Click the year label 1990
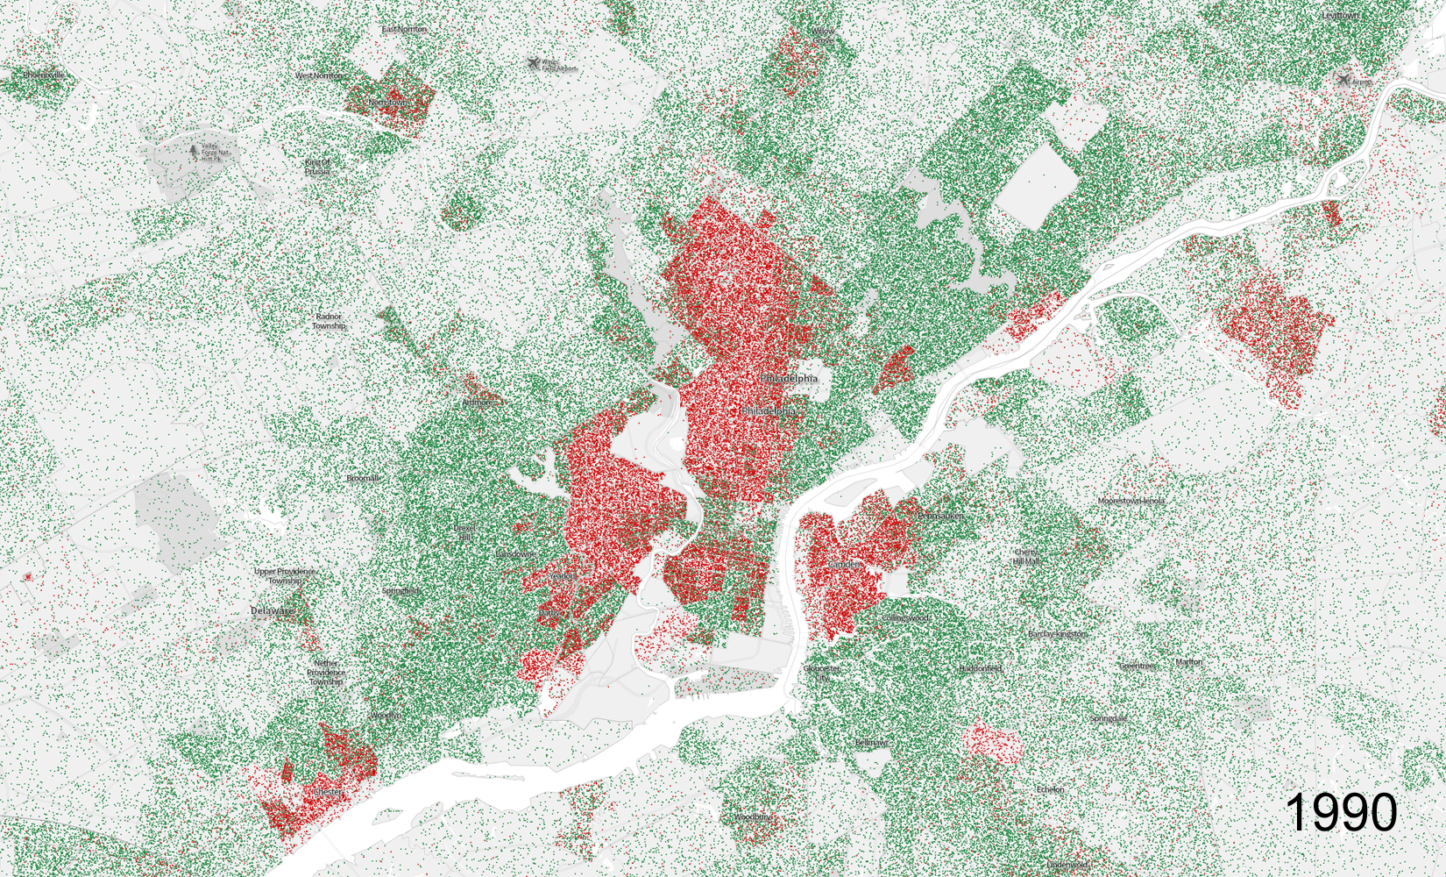point(1341,811)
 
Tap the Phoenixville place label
point(43,75)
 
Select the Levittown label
point(1339,16)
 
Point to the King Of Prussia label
point(317,167)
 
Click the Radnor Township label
point(328,321)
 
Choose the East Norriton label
point(404,29)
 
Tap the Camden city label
point(845,565)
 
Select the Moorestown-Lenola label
point(1131,501)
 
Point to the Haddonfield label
point(980,668)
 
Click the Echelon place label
point(1050,789)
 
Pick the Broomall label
point(363,479)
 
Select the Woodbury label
point(753,817)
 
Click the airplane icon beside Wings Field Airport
point(534,64)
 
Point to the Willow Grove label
point(823,36)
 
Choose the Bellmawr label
point(870,743)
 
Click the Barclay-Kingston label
point(1057,634)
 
